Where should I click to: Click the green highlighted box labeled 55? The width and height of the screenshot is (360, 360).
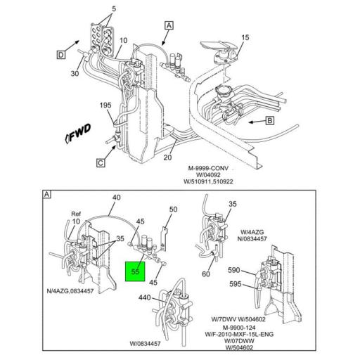click(x=134, y=271)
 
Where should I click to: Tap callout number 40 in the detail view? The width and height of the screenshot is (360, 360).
click(x=117, y=198)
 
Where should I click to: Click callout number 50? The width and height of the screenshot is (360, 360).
click(x=174, y=210)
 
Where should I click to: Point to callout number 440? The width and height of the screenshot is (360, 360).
click(x=144, y=298)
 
